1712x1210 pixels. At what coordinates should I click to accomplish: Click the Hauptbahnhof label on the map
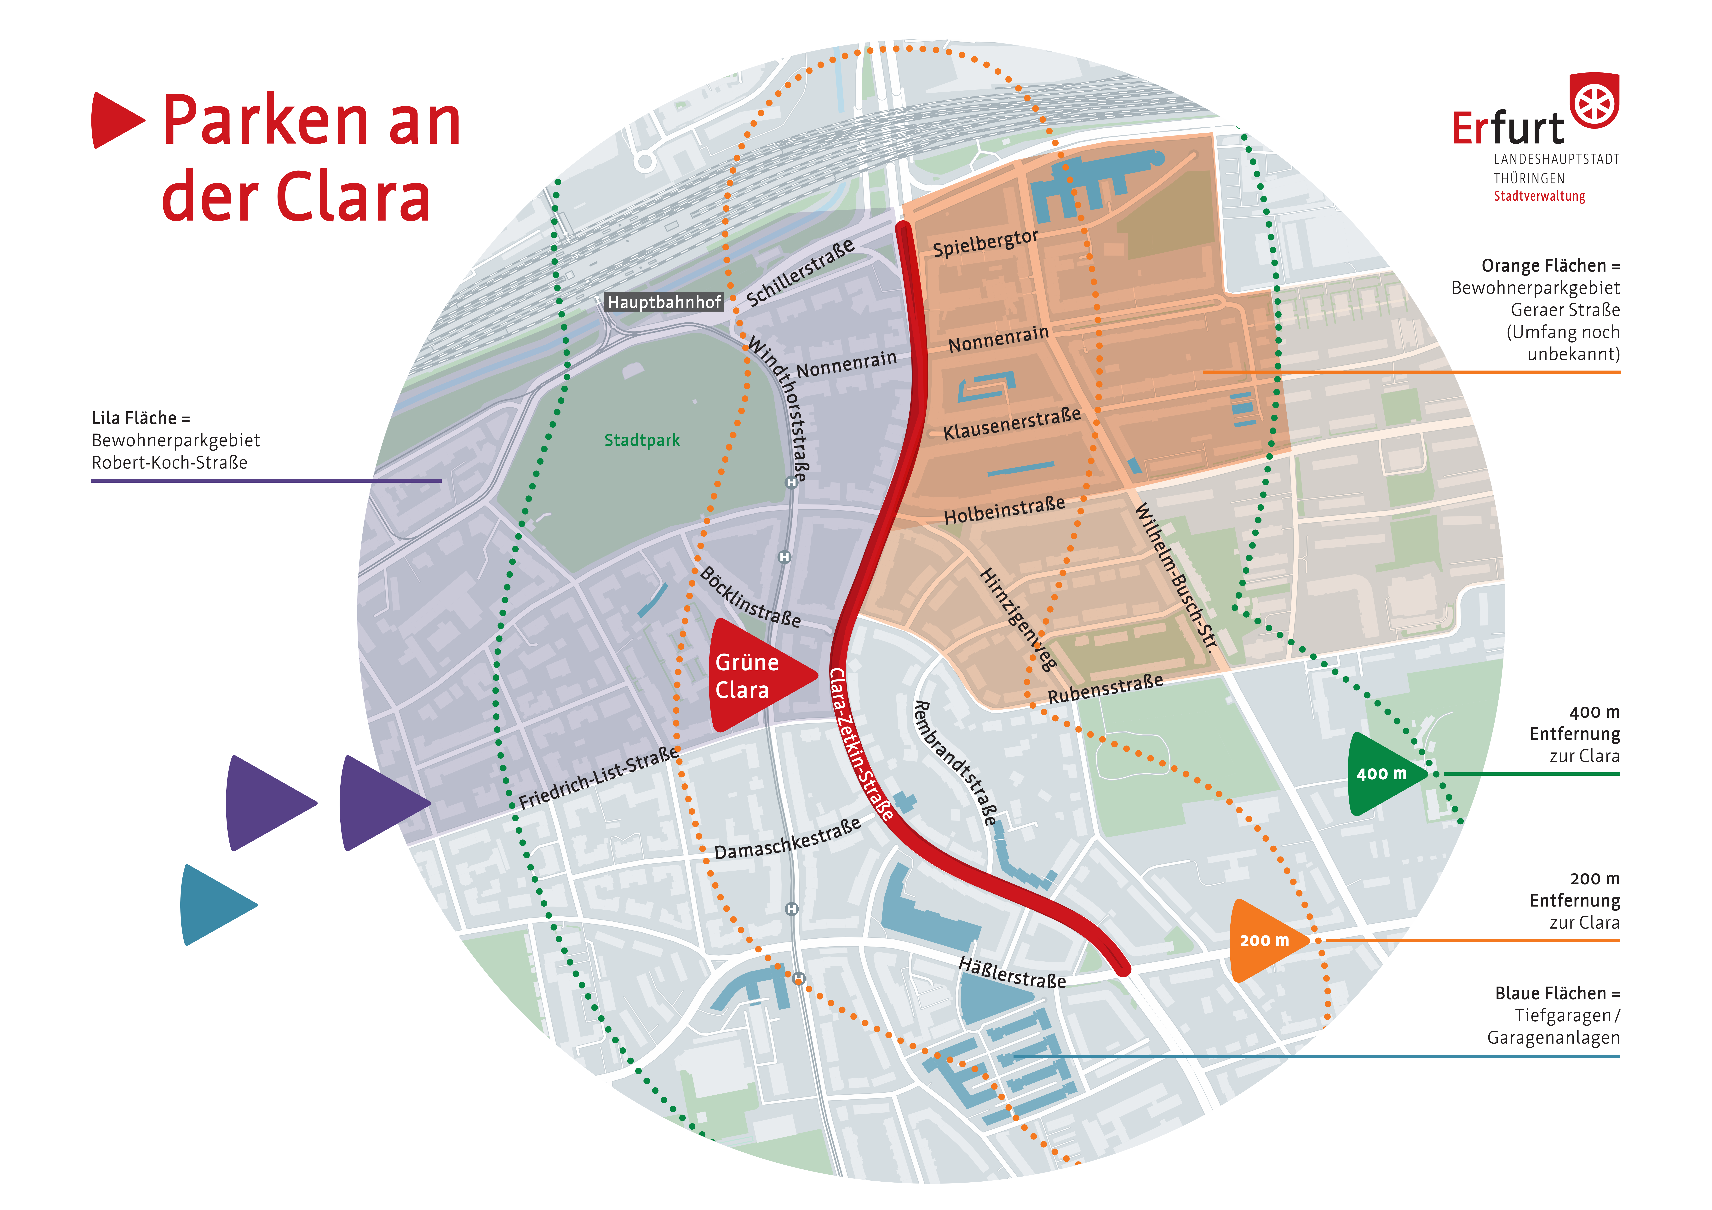click(664, 302)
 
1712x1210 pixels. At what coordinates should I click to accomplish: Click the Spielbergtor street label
click(985, 243)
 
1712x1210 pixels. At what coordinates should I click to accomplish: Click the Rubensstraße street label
click(1105, 689)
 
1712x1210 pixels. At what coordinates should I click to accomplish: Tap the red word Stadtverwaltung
click(1539, 196)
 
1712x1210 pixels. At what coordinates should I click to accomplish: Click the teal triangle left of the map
click(218, 905)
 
